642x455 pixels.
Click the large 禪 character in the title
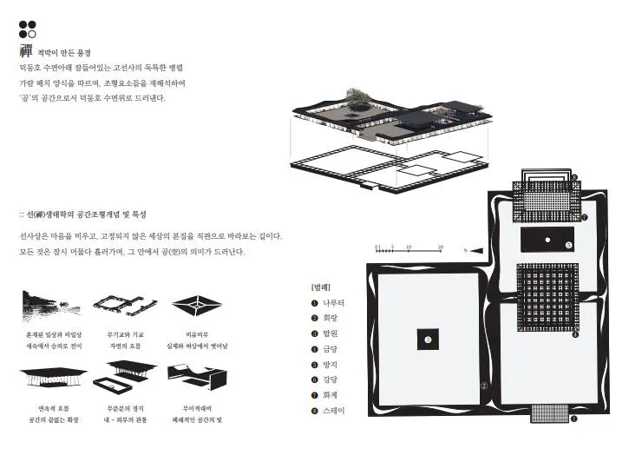pos(26,51)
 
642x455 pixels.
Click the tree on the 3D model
pos(358,96)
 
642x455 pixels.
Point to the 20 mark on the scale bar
pos(440,247)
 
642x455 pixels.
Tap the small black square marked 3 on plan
pos(427,340)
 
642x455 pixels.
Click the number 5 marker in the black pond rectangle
pos(568,245)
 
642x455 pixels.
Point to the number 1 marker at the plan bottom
pos(573,419)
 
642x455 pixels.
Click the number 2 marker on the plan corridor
pos(485,386)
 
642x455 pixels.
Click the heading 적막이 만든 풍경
pos(64,53)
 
